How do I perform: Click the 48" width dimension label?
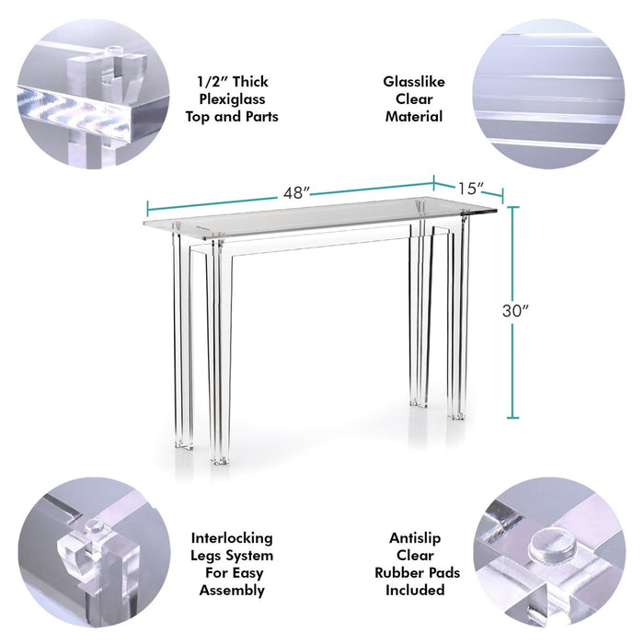click(296, 192)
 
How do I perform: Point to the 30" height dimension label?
click(515, 311)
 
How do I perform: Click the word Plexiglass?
click(232, 99)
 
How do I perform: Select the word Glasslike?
click(414, 82)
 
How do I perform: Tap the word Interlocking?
click(232, 538)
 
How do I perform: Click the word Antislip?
click(415, 538)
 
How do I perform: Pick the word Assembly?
click(232, 591)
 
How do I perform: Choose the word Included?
click(415, 591)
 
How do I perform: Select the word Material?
click(414, 117)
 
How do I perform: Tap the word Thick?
click(250, 82)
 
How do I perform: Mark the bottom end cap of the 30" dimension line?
click(512, 418)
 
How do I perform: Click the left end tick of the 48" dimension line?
click(147, 208)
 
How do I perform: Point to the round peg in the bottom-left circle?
click(95, 526)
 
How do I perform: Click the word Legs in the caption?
click(205, 556)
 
